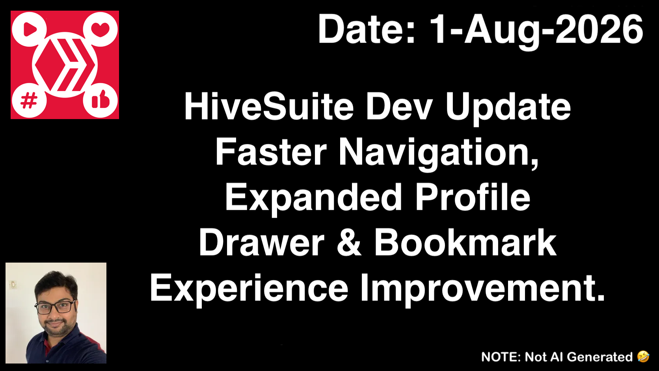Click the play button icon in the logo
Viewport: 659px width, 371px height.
30,30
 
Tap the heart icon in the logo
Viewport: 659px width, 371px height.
101,29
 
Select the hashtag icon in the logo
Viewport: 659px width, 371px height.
29,100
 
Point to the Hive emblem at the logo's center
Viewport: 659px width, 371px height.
65,65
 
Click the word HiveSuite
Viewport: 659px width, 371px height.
269,106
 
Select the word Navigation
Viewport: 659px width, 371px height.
439,153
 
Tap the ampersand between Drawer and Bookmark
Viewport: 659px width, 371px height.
349,243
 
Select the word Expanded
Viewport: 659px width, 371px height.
314,198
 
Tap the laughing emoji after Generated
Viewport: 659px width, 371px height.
643,356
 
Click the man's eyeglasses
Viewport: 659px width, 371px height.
55,307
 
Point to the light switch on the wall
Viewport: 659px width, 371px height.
13,285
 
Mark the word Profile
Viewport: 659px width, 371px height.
473,198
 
